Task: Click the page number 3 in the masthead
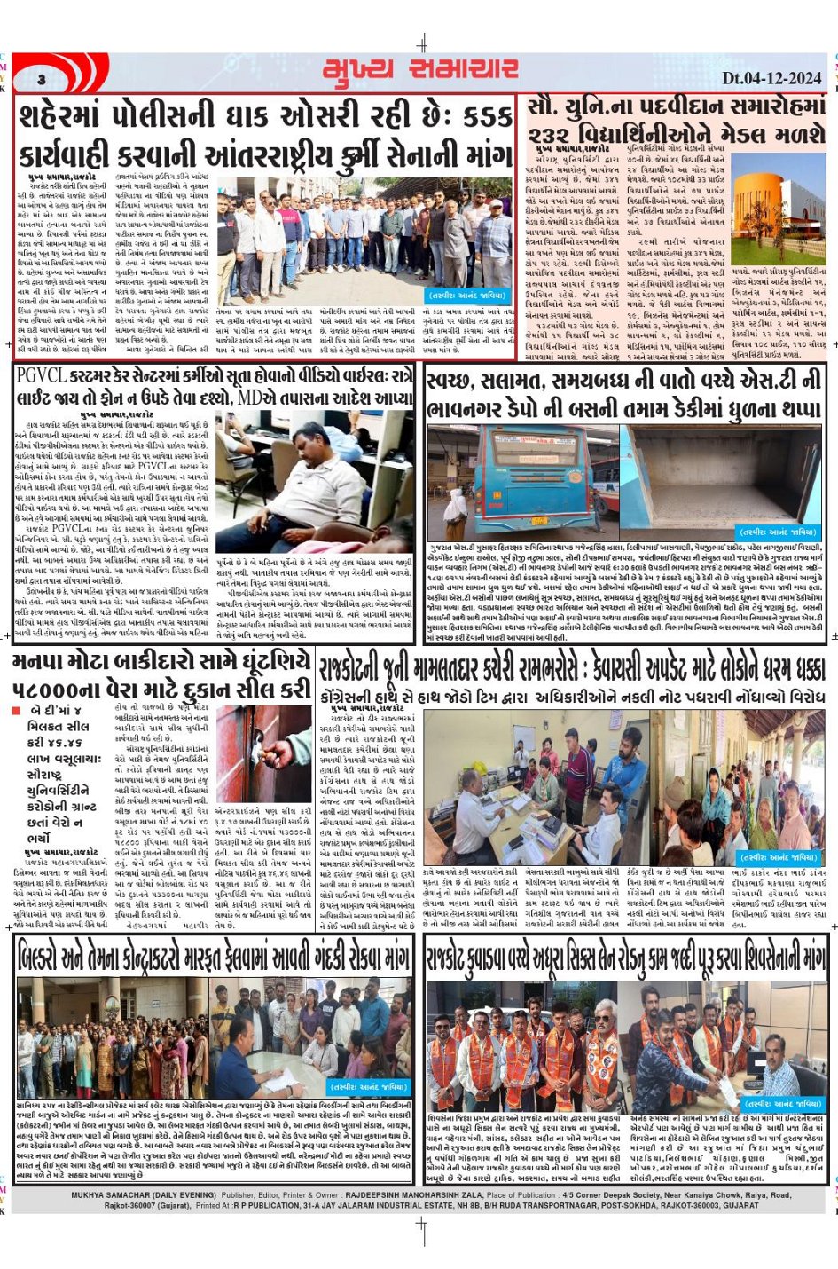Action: pos(42,80)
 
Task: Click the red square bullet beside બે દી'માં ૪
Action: pos(16,711)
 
